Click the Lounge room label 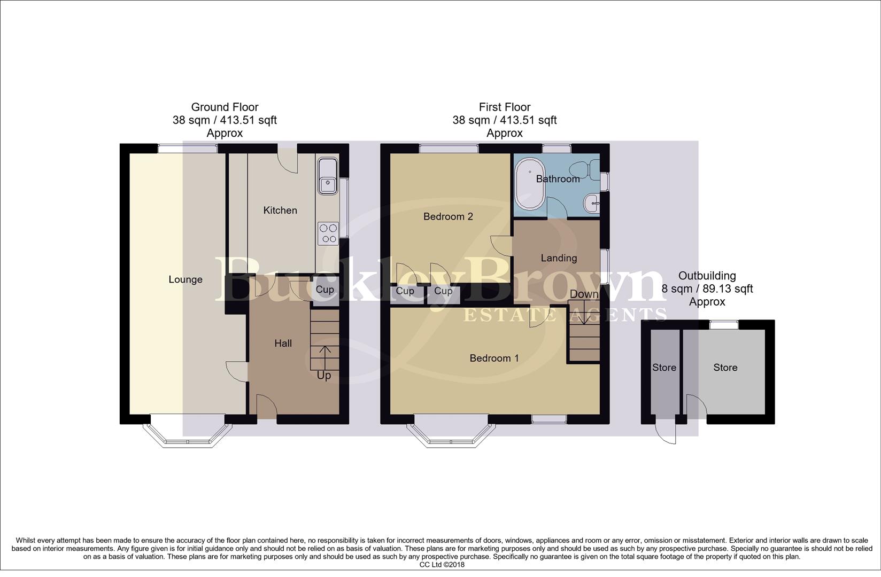(x=186, y=279)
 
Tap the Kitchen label (x=280, y=210)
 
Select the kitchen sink (x=327, y=176)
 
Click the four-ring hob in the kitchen (x=328, y=233)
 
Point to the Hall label (x=283, y=343)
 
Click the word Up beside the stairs (x=323, y=376)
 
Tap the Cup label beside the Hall (x=325, y=290)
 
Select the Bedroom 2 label (x=448, y=216)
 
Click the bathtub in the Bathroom (x=530, y=184)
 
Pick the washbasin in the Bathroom (x=592, y=204)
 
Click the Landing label (x=559, y=258)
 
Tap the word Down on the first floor (x=584, y=294)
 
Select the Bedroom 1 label (x=494, y=358)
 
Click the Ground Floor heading (x=225, y=107)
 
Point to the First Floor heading (x=505, y=107)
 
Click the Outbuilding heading (x=707, y=276)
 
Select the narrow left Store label (x=664, y=368)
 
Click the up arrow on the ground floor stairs (x=324, y=357)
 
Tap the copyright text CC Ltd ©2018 (x=442, y=565)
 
